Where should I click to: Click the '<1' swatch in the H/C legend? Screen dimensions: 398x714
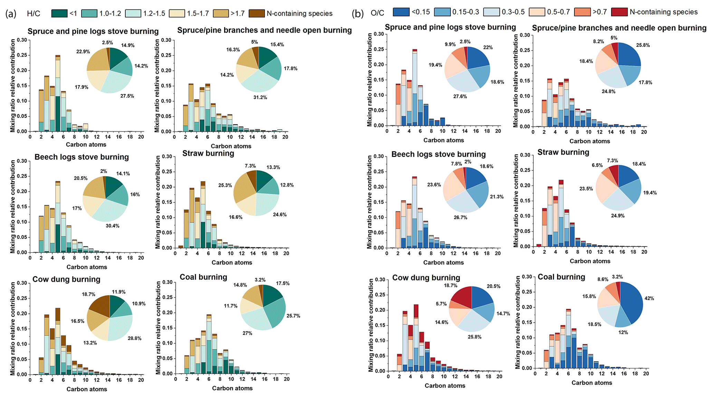tap(59, 13)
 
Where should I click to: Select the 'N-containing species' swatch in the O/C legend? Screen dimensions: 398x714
tap(619, 12)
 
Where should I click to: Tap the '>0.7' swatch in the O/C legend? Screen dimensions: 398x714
tap(582, 12)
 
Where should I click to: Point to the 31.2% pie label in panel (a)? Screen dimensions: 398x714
tap(260, 97)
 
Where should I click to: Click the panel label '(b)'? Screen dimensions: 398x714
tap(358, 13)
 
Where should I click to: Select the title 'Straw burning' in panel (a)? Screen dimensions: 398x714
tap(208, 153)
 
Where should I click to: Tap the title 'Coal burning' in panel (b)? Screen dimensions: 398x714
tap(561, 277)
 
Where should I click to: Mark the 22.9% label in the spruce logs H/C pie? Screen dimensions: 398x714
tap(83, 51)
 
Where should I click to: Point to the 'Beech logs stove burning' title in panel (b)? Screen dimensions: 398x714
tap(438, 154)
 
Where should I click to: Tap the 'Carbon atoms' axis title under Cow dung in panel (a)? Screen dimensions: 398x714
tap(86, 389)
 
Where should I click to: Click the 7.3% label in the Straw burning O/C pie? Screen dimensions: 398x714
tap(612, 161)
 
